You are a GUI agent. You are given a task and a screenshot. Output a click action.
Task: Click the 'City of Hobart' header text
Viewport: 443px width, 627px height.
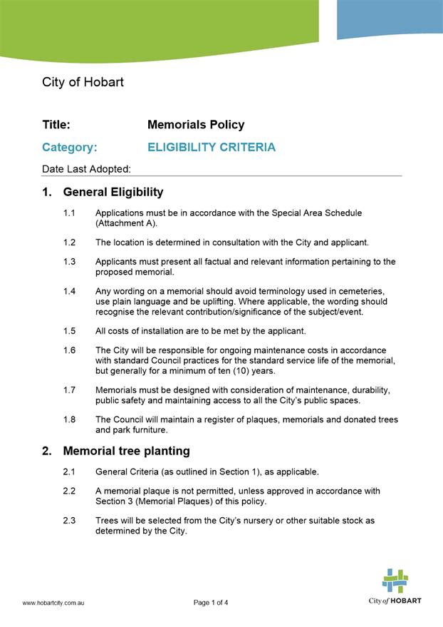point(83,82)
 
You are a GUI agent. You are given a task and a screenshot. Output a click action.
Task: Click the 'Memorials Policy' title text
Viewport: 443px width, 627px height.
point(196,125)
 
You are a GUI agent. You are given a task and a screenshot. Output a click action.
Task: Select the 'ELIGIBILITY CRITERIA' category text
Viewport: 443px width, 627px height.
point(211,148)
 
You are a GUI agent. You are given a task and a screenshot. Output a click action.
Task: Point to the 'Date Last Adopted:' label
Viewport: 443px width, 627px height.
point(86,169)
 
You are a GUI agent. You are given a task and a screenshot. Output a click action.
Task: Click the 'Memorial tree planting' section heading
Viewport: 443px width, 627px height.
point(126,451)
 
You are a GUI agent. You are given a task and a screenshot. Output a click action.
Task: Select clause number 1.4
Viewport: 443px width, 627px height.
point(69,291)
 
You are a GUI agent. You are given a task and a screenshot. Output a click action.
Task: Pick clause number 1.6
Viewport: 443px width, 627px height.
point(69,350)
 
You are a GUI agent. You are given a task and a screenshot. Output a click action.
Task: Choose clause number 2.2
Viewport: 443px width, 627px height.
point(69,491)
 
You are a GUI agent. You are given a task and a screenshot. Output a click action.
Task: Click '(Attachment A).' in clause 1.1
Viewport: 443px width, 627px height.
point(126,223)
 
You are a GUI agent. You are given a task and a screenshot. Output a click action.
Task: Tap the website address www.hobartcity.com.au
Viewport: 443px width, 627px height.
point(54,603)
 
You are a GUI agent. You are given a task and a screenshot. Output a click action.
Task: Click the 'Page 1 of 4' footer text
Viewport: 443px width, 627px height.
point(211,603)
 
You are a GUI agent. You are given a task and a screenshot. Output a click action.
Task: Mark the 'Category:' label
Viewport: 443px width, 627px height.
point(69,148)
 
